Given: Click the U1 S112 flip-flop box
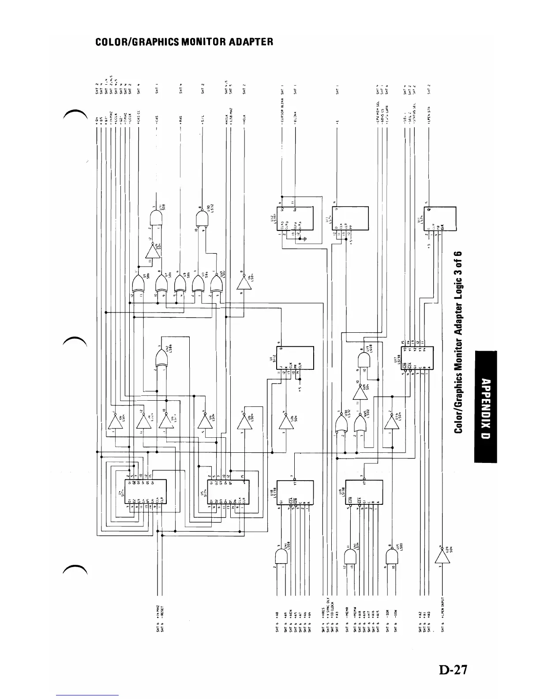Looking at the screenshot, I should [x=296, y=357].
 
